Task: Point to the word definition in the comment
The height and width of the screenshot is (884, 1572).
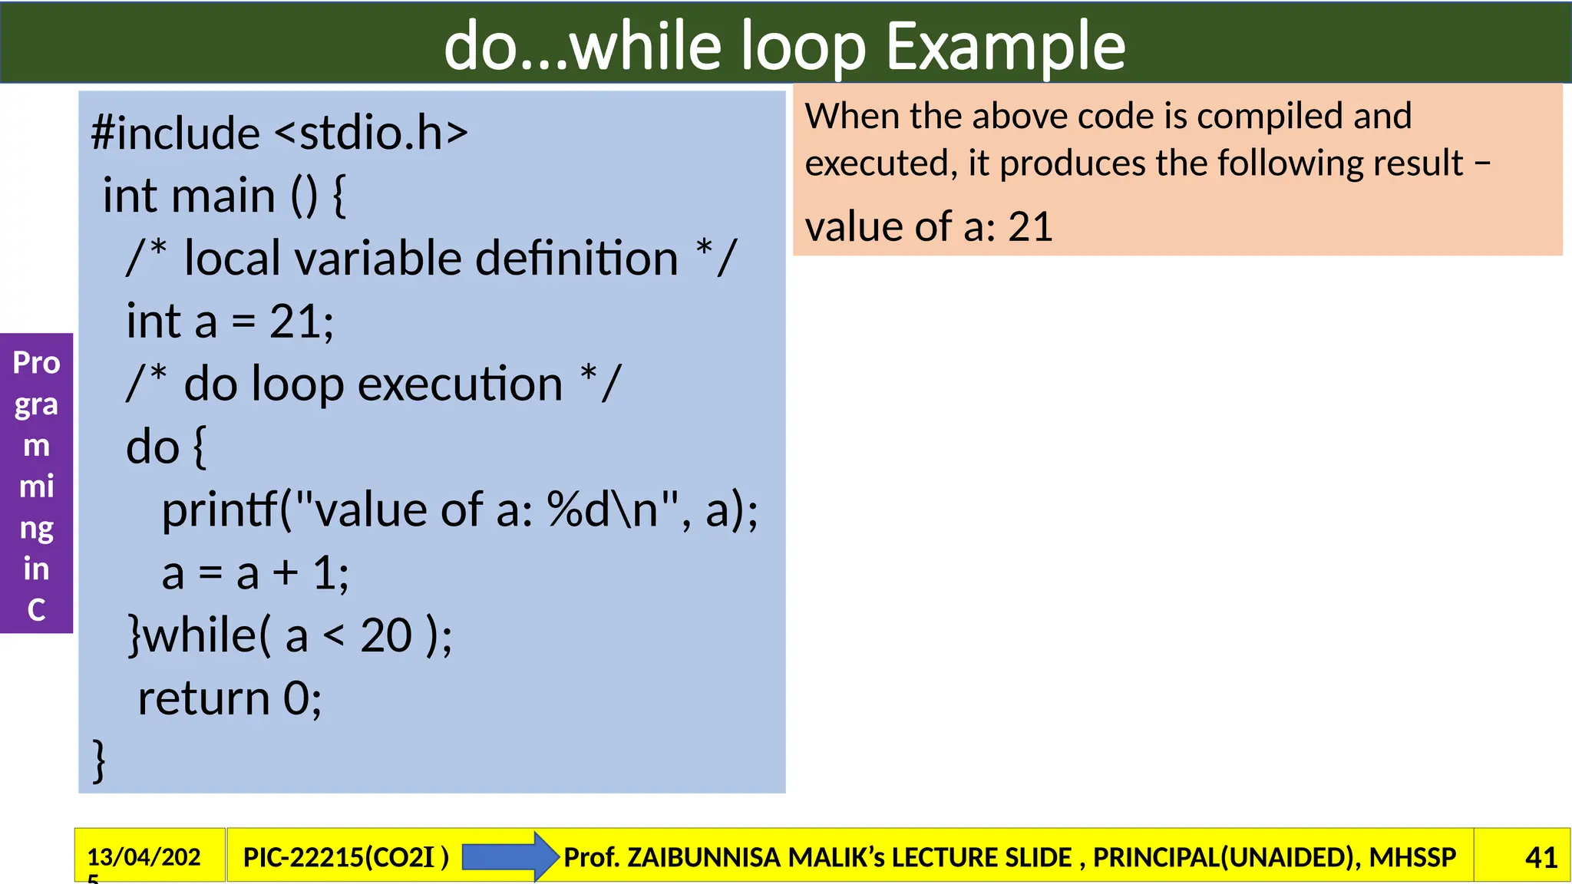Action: click(x=576, y=258)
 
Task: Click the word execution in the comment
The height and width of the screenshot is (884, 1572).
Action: click(x=460, y=384)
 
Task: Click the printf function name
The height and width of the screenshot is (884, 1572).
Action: click(x=220, y=510)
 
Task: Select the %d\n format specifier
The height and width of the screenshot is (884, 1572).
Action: click(x=603, y=510)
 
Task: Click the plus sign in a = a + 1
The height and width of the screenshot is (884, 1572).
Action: click(x=286, y=573)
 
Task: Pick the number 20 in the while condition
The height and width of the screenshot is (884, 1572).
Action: click(x=386, y=635)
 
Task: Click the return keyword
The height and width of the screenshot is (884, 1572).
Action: click(x=203, y=698)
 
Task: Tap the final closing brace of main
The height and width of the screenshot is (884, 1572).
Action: click(x=99, y=760)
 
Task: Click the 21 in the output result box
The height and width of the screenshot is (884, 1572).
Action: click(x=1029, y=227)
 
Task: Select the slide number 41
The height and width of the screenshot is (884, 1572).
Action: click(x=1541, y=857)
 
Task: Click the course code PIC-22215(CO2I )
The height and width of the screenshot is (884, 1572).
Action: click(x=345, y=857)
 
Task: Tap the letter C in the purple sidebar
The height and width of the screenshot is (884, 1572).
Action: click(x=36, y=610)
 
